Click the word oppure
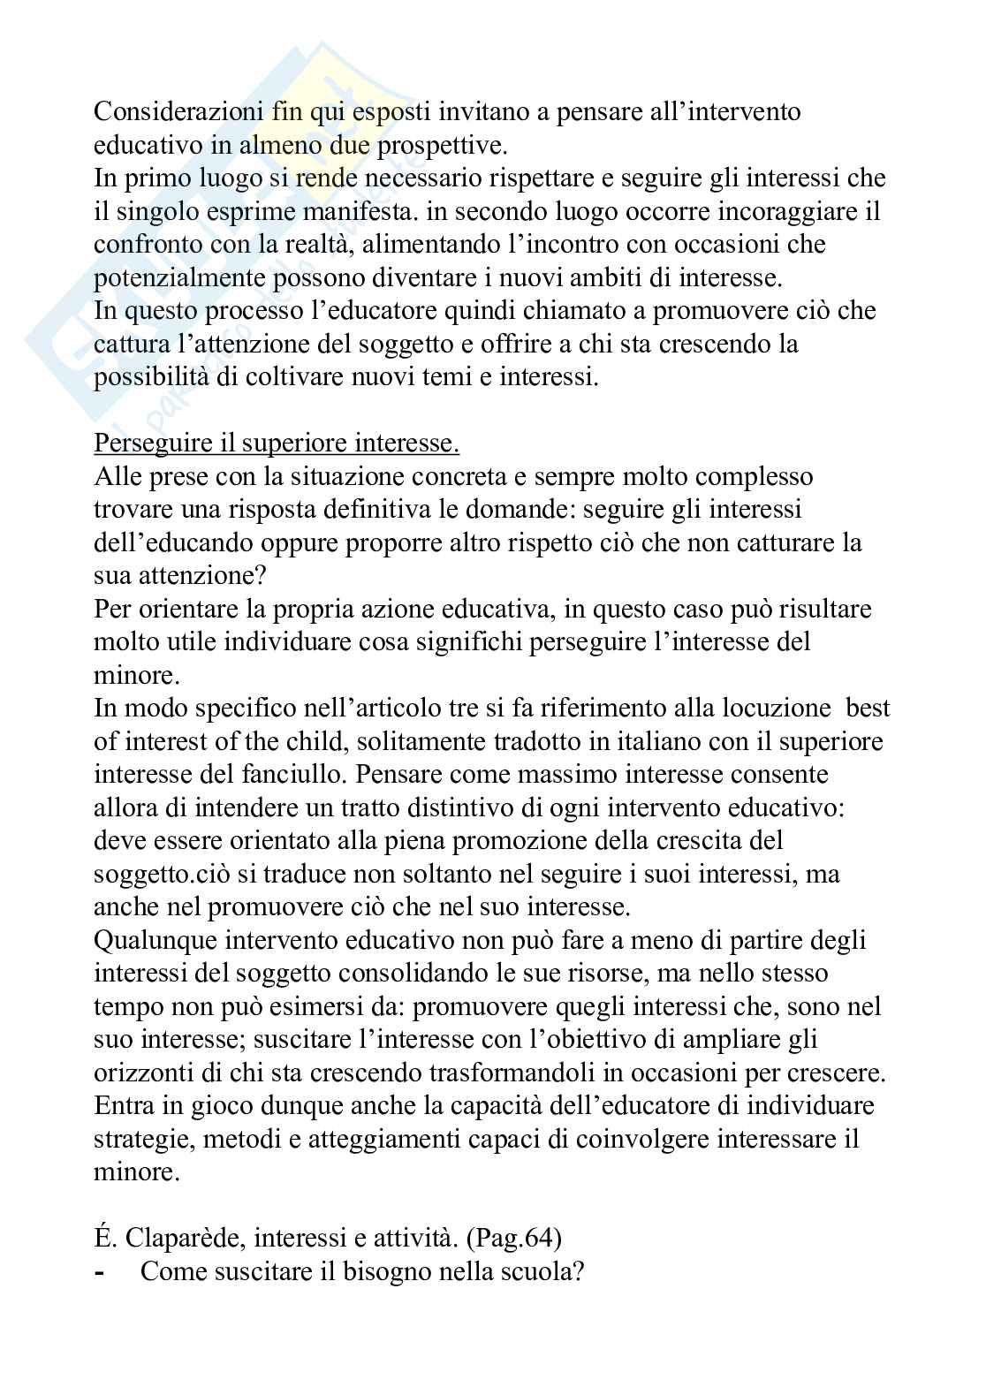pos(294,542)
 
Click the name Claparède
pos(183,1238)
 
